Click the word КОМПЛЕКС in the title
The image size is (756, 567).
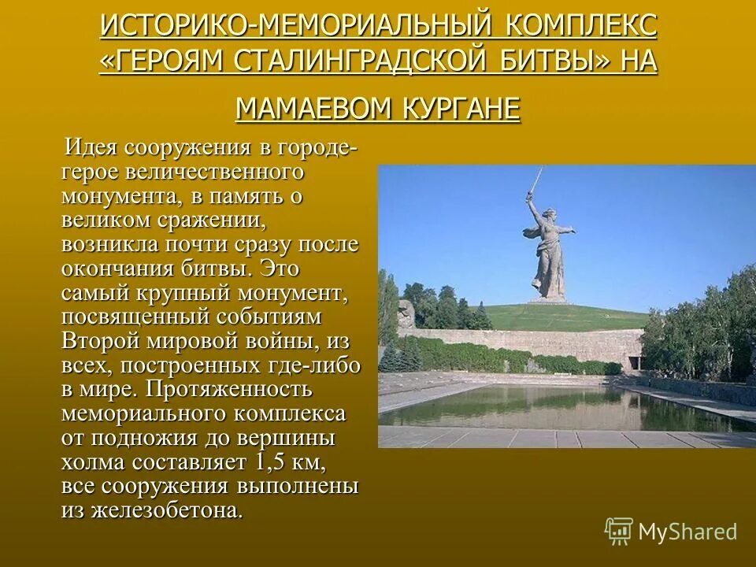(x=584, y=25)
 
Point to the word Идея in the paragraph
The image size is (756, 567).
(x=91, y=147)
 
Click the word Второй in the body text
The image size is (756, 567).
(x=101, y=341)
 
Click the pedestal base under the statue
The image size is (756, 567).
(x=547, y=299)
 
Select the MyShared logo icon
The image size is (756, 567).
(x=619, y=532)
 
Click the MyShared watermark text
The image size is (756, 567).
(x=687, y=532)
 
